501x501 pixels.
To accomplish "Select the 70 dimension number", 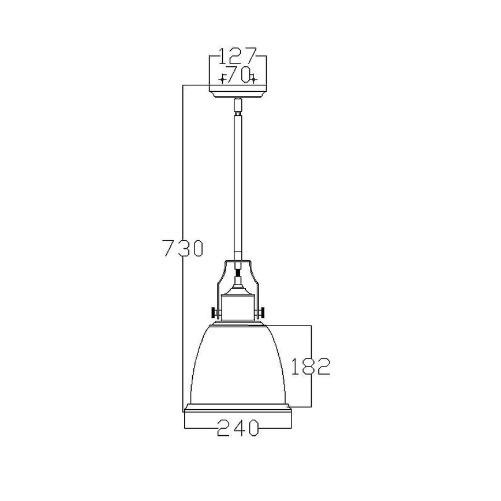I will [x=237, y=75].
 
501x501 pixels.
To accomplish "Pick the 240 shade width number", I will [x=237, y=428].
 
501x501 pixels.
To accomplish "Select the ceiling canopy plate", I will [x=237, y=91].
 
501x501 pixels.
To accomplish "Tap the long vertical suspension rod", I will [x=237, y=185].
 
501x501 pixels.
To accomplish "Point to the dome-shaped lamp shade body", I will [x=237, y=364].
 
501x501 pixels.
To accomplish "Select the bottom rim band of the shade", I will [x=237, y=409].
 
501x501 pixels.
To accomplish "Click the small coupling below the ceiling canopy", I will [x=237, y=106].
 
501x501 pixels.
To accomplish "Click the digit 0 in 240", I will [x=251, y=428].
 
